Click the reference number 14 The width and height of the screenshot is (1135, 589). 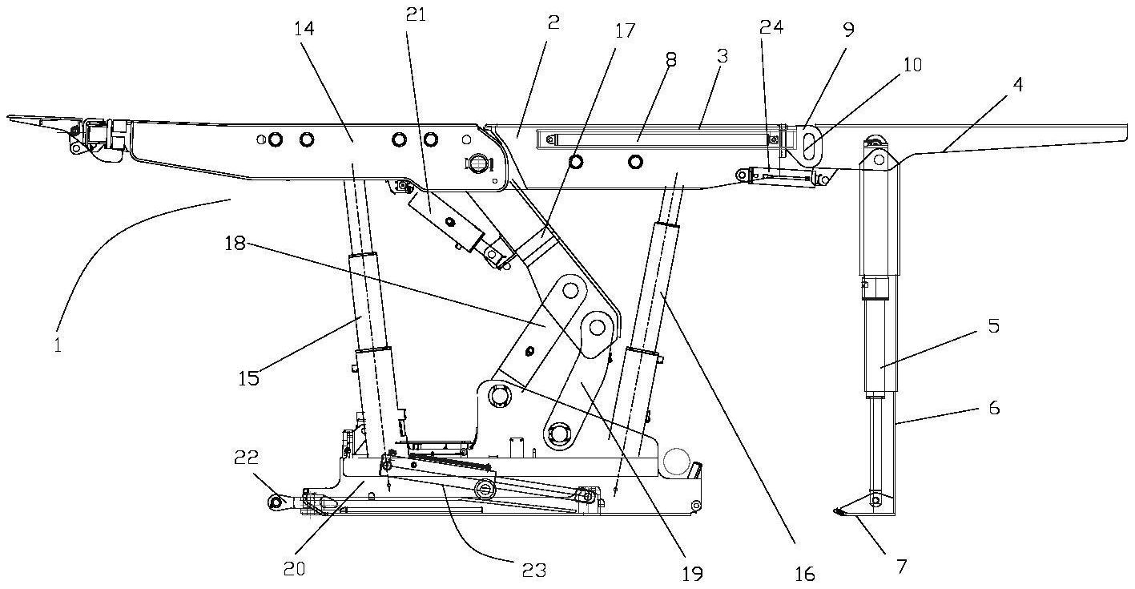click(304, 29)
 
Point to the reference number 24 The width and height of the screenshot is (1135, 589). click(771, 26)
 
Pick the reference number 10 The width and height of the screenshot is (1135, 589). click(911, 64)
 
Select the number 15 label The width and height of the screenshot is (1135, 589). click(248, 377)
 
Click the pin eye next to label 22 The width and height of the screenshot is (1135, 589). click(275, 502)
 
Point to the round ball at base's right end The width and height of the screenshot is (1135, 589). click(675, 460)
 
